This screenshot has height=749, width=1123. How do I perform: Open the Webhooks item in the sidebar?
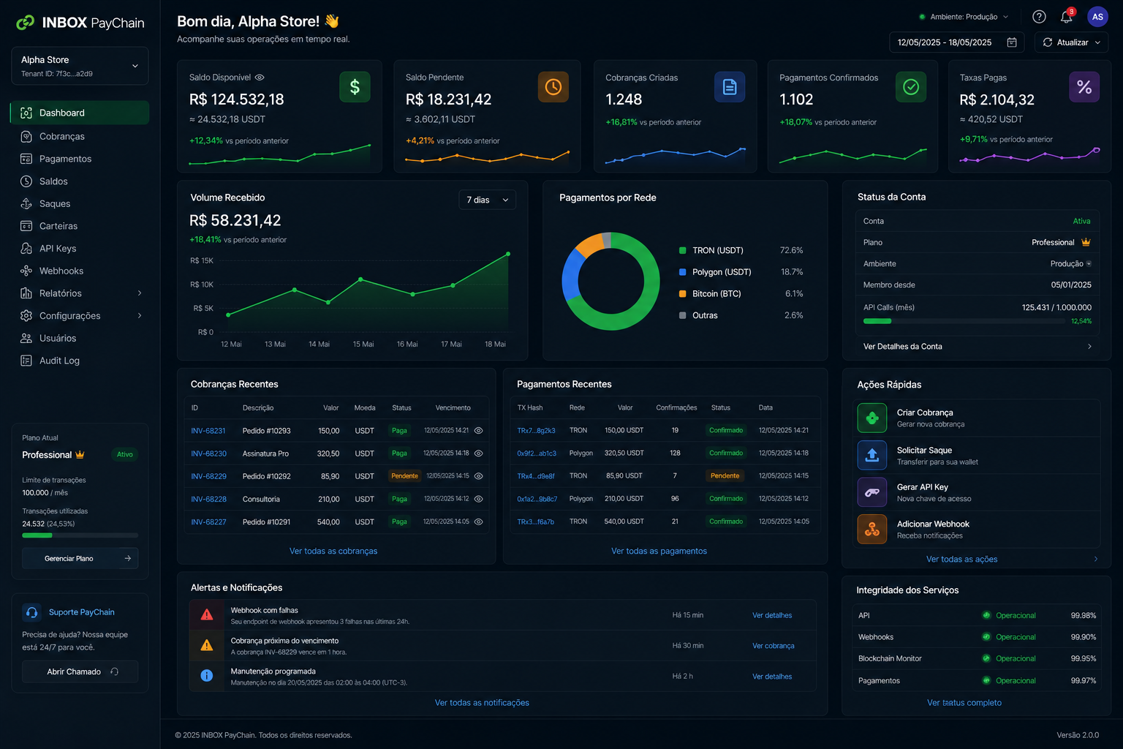(x=61, y=271)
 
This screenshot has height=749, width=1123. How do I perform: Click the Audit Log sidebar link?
(x=59, y=361)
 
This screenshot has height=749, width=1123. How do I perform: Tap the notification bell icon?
(x=1066, y=17)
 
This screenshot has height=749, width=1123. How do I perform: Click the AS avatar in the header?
(x=1097, y=17)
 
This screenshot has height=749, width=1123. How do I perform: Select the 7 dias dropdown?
(x=487, y=200)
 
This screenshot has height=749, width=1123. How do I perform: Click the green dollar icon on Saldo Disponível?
(x=355, y=87)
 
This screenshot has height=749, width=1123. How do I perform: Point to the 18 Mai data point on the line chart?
(x=508, y=254)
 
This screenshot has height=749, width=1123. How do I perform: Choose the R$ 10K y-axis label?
(x=202, y=285)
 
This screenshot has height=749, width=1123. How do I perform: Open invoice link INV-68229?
(x=208, y=476)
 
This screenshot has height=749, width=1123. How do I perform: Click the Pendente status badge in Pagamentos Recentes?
(x=725, y=475)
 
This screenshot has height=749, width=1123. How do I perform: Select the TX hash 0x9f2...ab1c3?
(x=537, y=453)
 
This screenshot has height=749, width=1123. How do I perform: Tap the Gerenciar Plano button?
(x=80, y=558)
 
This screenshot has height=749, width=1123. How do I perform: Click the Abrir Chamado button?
(x=80, y=671)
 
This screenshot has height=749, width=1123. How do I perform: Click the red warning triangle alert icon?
(x=207, y=614)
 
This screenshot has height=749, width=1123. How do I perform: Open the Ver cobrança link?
(x=773, y=646)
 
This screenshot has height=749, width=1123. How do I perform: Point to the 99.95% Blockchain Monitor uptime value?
(x=1083, y=658)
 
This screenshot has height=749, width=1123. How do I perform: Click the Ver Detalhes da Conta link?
(x=902, y=346)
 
